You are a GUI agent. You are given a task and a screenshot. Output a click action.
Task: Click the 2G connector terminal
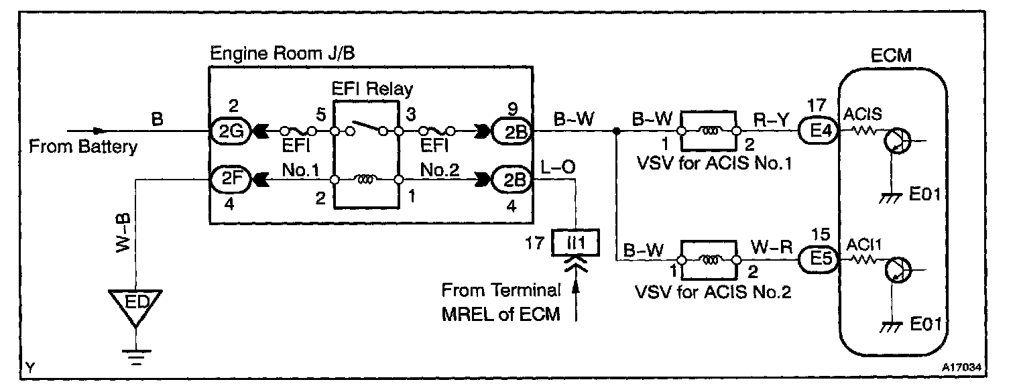231,131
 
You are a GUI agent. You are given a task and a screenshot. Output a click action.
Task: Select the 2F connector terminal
231,180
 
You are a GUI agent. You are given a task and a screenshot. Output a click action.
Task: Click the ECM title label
892,56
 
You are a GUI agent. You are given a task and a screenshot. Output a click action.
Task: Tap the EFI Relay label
373,88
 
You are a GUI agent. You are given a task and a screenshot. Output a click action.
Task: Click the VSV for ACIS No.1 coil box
709,131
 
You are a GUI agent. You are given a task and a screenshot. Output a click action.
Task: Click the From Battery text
82,147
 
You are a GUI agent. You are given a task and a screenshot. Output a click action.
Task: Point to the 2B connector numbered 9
512,131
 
